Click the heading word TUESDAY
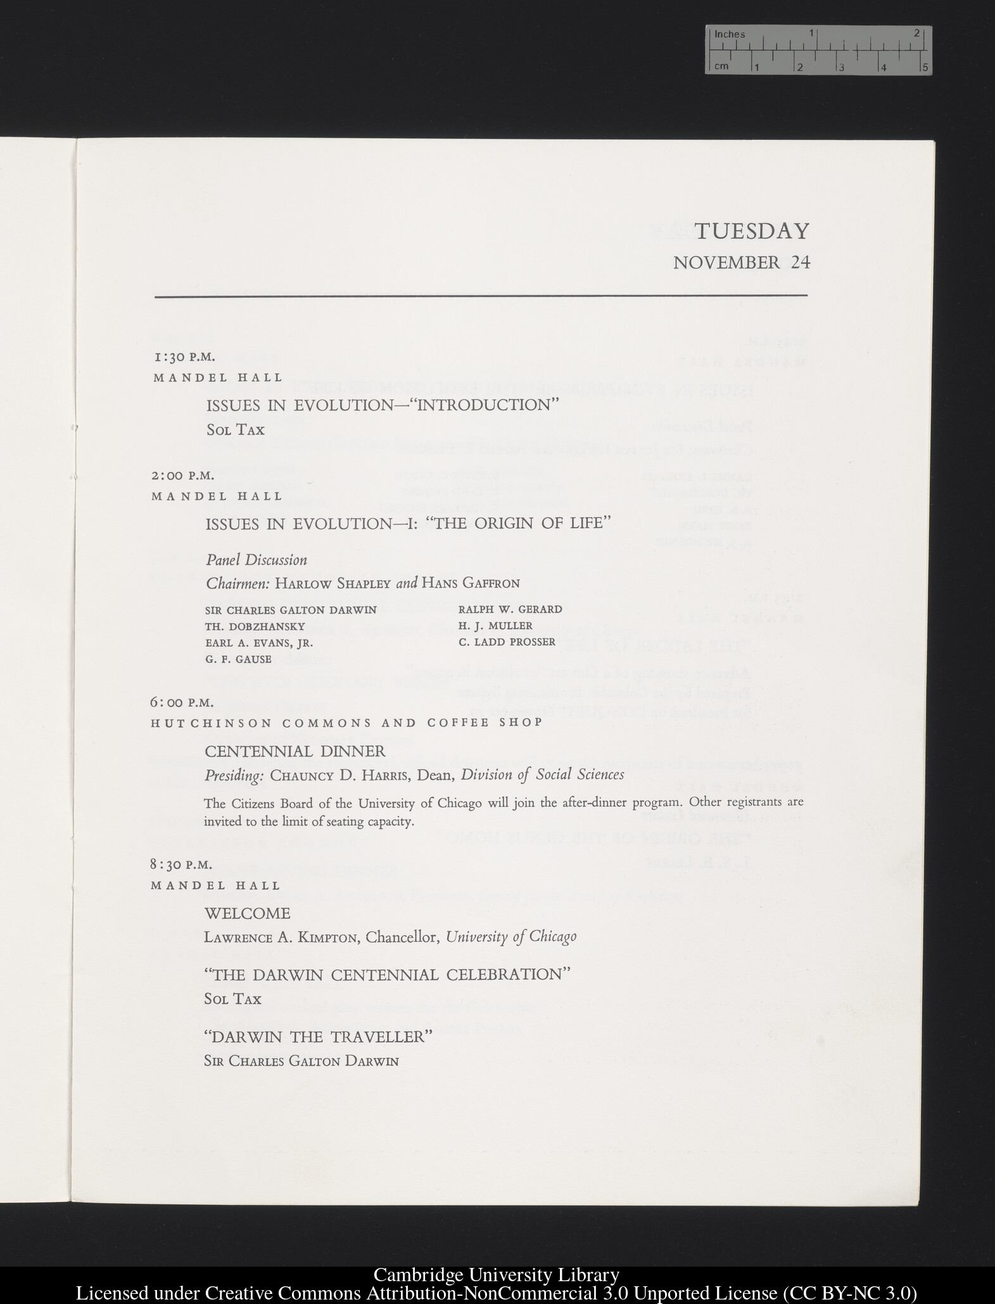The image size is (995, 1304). coord(752,231)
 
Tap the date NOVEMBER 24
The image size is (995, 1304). coord(741,262)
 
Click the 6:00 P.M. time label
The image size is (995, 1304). coord(182,702)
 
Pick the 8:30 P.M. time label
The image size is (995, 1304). coord(181,864)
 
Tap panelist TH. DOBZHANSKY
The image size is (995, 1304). coord(255,626)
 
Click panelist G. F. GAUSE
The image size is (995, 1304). coord(238,659)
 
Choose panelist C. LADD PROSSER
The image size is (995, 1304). coord(507,642)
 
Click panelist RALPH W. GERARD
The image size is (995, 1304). coord(510,609)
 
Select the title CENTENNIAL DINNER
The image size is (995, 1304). coord(295,752)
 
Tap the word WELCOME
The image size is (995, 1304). coord(247,913)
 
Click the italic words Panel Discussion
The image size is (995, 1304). coord(257,560)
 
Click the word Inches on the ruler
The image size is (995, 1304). coord(730,35)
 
